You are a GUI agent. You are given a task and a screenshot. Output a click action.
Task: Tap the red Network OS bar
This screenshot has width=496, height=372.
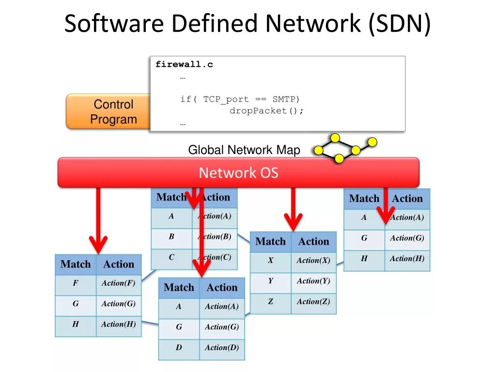click(x=238, y=172)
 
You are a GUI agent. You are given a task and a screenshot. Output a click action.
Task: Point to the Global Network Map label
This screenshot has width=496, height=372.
click(x=244, y=150)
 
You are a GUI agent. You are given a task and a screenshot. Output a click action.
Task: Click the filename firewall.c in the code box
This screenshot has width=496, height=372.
click(x=184, y=64)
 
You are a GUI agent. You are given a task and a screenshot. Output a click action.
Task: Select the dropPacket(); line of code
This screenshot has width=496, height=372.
click(x=266, y=111)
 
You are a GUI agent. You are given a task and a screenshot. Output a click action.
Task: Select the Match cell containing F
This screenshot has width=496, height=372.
click(x=76, y=283)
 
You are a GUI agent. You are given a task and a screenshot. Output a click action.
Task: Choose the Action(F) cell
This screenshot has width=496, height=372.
click(x=119, y=283)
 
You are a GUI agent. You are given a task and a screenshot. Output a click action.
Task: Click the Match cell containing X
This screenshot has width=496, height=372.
click(x=271, y=261)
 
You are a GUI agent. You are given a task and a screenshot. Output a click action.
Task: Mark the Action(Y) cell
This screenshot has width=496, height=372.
click(x=313, y=281)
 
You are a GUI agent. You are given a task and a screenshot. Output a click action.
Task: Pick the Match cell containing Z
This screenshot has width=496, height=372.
click(x=271, y=302)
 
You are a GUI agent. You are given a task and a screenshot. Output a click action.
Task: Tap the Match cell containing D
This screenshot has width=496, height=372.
click(x=179, y=348)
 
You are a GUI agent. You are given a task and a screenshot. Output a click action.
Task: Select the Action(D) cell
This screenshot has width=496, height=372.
click(x=222, y=348)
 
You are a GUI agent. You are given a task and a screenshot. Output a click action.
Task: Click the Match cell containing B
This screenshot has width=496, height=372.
click(x=171, y=237)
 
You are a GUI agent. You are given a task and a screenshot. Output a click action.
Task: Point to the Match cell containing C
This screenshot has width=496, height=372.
click(x=171, y=258)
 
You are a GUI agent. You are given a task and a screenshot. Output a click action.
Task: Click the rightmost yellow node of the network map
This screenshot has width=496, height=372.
click(x=372, y=142)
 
